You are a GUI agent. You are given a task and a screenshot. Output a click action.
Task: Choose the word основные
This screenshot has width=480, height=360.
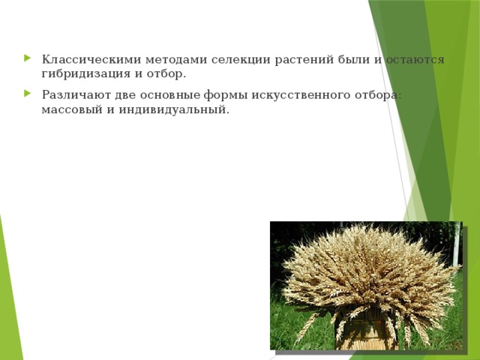pos(168,95)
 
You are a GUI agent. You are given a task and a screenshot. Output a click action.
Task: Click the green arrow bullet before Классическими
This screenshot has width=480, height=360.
pos(28,59)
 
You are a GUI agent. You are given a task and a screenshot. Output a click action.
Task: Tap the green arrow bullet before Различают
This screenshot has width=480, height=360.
pos(28,95)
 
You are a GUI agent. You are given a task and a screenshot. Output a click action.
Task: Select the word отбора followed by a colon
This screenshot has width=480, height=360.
pos(376,95)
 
